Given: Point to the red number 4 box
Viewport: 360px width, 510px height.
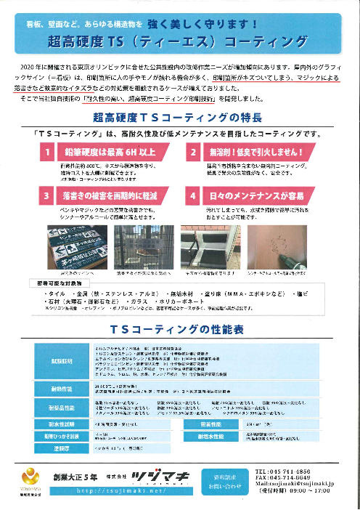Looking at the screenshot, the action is tap(193, 195).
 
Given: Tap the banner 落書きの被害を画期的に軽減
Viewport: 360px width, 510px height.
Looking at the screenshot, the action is tap(109, 195).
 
